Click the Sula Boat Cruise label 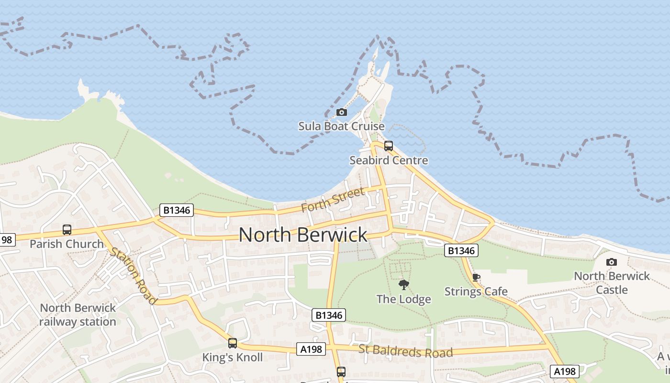coord(341,126)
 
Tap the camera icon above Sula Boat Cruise coord(342,112)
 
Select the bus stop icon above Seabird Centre coord(389,146)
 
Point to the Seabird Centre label coord(389,160)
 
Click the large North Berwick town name coord(303,235)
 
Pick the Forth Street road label coord(333,201)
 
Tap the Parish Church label coord(67,244)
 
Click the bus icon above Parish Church coord(67,230)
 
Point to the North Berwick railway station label coord(78,315)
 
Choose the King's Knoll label coord(233,357)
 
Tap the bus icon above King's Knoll coord(233,343)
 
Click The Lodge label coord(403,299)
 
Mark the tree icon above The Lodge coord(404,285)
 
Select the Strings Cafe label coord(476,292)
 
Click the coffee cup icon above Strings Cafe coord(476,277)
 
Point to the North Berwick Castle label coord(612,283)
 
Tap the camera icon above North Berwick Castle coord(612,262)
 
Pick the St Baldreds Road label coord(405,351)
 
